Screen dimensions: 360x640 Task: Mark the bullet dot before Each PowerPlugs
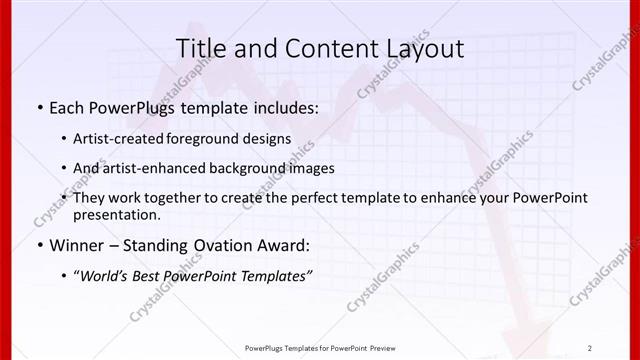tap(38, 107)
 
